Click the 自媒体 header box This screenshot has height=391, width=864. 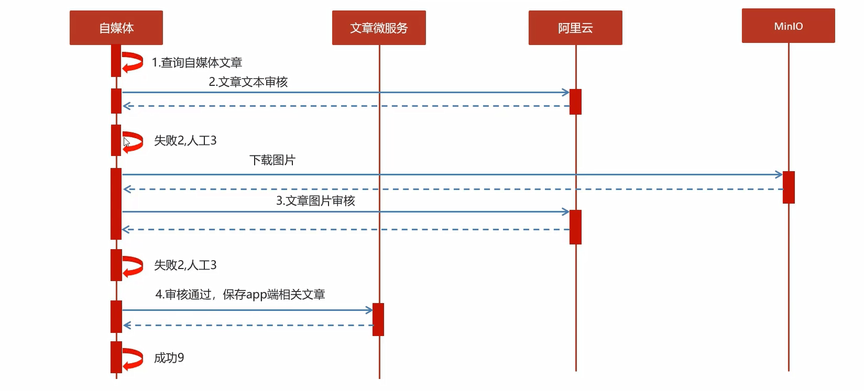[x=116, y=28]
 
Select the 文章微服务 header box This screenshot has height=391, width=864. [x=379, y=28]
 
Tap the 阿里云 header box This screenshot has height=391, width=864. [x=575, y=28]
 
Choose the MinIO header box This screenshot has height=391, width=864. [x=788, y=26]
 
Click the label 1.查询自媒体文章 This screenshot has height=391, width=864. [x=197, y=63]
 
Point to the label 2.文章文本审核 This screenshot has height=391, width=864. [x=248, y=82]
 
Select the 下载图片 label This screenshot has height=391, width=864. [x=272, y=160]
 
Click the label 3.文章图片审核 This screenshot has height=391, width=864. [x=315, y=201]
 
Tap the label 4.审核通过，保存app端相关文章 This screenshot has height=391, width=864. [x=240, y=295]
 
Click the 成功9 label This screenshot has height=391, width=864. [x=169, y=358]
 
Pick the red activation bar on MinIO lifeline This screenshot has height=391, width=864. [x=789, y=187]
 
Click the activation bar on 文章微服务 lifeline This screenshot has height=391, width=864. [x=378, y=319]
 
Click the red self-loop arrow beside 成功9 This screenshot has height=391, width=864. [x=133, y=359]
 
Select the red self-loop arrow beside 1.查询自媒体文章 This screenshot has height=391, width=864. [x=133, y=62]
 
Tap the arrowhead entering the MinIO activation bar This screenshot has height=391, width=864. [x=779, y=175]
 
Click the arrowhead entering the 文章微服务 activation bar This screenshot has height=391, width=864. [x=369, y=310]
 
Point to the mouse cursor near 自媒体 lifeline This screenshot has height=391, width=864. [x=126, y=142]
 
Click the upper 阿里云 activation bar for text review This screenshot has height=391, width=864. [x=575, y=102]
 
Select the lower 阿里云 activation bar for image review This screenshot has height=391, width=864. [x=575, y=227]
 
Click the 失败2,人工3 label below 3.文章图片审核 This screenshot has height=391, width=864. [x=185, y=265]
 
